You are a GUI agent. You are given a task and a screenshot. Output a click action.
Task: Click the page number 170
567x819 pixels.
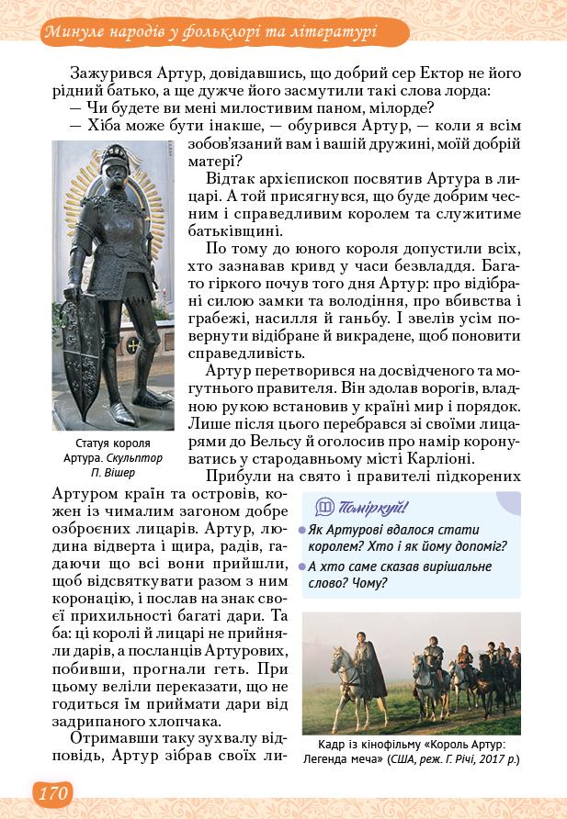coord(51,791)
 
